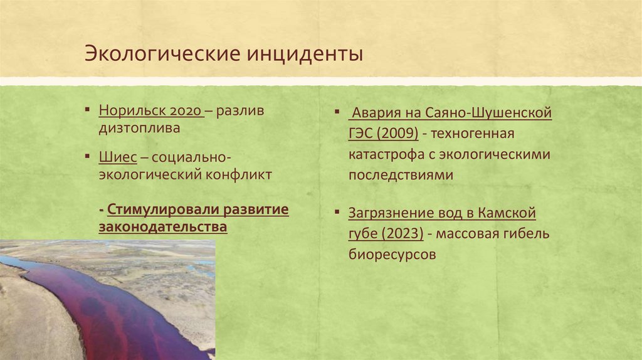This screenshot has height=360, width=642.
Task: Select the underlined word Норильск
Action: tap(131, 111)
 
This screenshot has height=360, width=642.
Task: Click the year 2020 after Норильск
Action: tap(185, 111)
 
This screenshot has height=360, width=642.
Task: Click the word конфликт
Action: tap(239, 174)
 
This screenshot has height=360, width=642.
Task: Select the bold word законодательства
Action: tap(162, 226)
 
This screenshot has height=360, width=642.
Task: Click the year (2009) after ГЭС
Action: tap(396, 134)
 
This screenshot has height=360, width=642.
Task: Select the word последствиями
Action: tap(401, 175)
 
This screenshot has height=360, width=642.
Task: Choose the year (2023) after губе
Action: tap(400, 234)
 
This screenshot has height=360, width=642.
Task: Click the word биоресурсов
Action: tap(392, 255)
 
